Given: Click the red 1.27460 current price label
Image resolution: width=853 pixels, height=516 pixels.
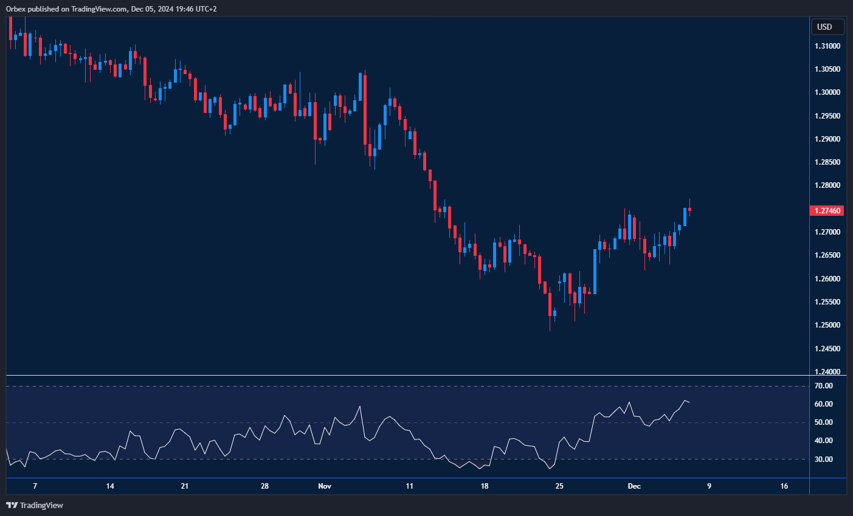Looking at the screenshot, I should pyautogui.click(x=827, y=211).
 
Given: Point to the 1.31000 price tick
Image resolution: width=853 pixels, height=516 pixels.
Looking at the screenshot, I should pyautogui.click(x=827, y=46).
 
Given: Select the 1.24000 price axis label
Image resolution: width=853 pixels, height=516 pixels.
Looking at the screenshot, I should pyautogui.click(x=827, y=372).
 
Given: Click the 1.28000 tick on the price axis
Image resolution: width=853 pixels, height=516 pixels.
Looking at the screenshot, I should pyautogui.click(x=827, y=186).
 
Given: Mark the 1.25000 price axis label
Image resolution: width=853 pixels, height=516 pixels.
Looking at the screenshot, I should pyautogui.click(x=827, y=325).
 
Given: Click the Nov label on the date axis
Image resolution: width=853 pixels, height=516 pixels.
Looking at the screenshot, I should pyautogui.click(x=325, y=486).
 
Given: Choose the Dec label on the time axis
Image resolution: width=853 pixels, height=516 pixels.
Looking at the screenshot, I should pyautogui.click(x=634, y=486).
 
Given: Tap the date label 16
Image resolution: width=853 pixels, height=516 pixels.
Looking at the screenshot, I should pyautogui.click(x=784, y=486).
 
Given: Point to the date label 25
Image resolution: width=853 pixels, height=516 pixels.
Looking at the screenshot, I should pyautogui.click(x=559, y=486).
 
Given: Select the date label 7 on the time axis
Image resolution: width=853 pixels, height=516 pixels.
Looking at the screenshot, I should pyautogui.click(x=35, y=486).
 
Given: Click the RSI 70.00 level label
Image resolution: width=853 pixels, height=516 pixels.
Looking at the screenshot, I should pyautogui.click(x=824, y=386).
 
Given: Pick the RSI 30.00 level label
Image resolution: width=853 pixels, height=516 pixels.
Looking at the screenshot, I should pyautogui.click(x=824, y=459).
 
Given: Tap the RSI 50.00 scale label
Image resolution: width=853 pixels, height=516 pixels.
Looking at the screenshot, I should pyautogui.click(x=824, y=422).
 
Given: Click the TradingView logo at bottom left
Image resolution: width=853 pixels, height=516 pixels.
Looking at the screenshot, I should pyautogui.click(x=35, y=505).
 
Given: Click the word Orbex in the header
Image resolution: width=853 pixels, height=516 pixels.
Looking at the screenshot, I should pyautogui.click(x=15, y=9).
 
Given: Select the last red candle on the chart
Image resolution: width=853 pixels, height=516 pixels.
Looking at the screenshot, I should pyautogui.click(x=689, y=209).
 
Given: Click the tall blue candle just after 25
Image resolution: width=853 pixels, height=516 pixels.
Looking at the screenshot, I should pyautogui.click(x=595, y=271).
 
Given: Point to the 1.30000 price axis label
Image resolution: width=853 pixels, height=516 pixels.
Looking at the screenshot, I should pyautogui.click(x=827, y=92).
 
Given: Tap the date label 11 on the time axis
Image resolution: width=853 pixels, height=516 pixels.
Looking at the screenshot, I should pyautogui.click(x=409, y=486).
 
